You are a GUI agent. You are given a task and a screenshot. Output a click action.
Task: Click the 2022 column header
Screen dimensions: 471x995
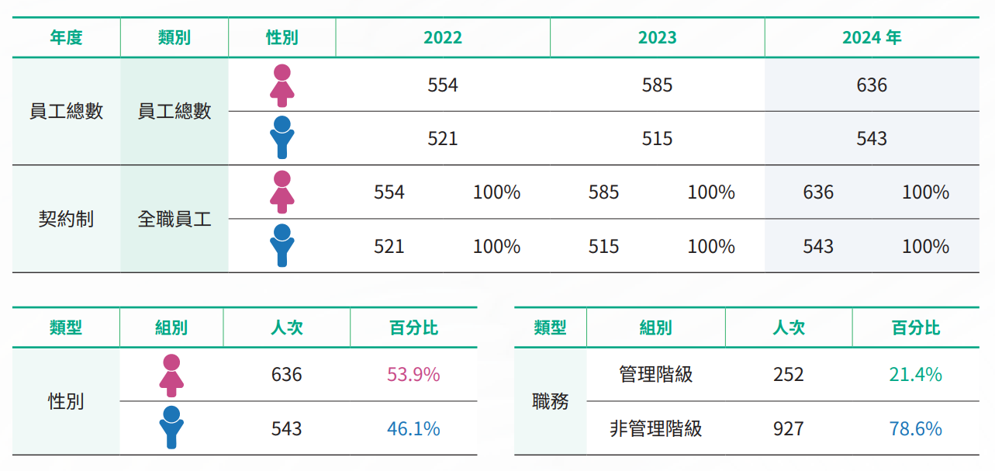tap(443, 38)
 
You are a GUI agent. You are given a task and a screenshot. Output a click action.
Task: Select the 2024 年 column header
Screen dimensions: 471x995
tap(872, 38)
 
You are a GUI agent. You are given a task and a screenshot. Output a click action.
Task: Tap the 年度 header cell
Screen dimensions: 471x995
tap(66, 38)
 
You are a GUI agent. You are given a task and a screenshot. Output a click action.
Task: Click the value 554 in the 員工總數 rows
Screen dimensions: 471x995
tap(443, 85)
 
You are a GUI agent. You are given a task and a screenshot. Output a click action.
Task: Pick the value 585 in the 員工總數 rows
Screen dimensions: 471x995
tap(657, 85)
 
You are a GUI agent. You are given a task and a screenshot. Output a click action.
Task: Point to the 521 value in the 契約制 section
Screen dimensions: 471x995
tap(389, 247)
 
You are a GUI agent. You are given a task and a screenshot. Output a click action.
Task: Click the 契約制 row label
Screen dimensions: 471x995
tap(66, 220)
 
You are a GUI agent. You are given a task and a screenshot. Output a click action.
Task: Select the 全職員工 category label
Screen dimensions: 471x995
tap(174, 220)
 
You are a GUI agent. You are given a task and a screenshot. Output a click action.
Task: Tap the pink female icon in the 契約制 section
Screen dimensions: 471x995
tap(282, 192)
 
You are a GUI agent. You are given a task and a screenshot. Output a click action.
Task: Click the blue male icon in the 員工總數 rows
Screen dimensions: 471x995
tap(282, 138)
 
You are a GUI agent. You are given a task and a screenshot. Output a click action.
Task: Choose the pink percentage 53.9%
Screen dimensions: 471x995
tap(413, 376)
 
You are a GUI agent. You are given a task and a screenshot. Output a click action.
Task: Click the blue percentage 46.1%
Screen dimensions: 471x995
tap(413, 429)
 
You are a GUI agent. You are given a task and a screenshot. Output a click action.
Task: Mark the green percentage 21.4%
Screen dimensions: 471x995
tap(915, 376)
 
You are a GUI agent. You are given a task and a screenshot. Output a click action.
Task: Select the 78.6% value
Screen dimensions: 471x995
tap(915, 429)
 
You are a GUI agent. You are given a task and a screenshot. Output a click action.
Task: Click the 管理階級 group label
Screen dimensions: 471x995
tap(656, 376)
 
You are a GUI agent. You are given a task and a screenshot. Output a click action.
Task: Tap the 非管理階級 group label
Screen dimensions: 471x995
tap(656, 429)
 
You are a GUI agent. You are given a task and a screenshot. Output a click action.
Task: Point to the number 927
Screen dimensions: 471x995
tap(789, 429)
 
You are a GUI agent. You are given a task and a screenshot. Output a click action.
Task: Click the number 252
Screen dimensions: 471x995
tap(789, 376)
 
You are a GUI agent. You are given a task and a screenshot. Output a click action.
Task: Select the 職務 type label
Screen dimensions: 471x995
tap(551, 402)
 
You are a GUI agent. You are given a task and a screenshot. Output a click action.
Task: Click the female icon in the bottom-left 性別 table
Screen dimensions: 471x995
tap(171, 376)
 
